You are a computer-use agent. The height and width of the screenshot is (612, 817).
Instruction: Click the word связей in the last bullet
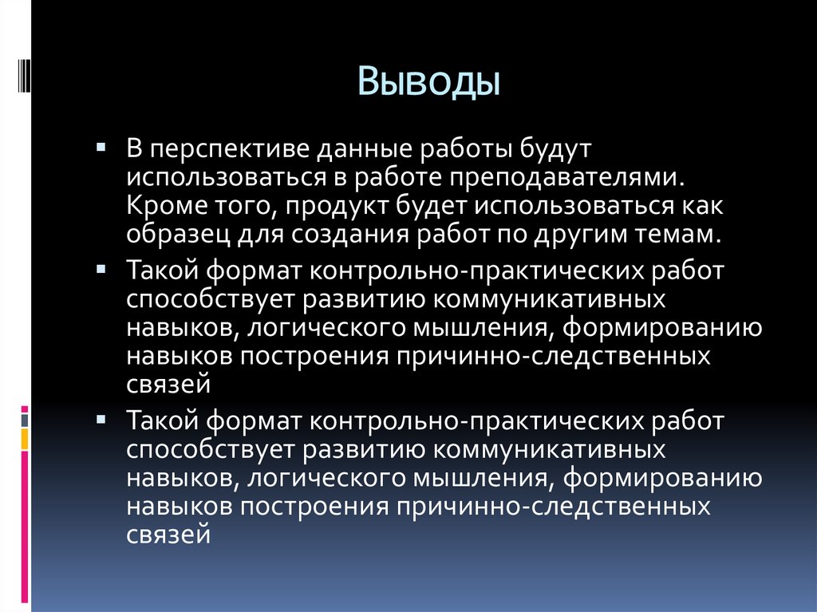point(168,533)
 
